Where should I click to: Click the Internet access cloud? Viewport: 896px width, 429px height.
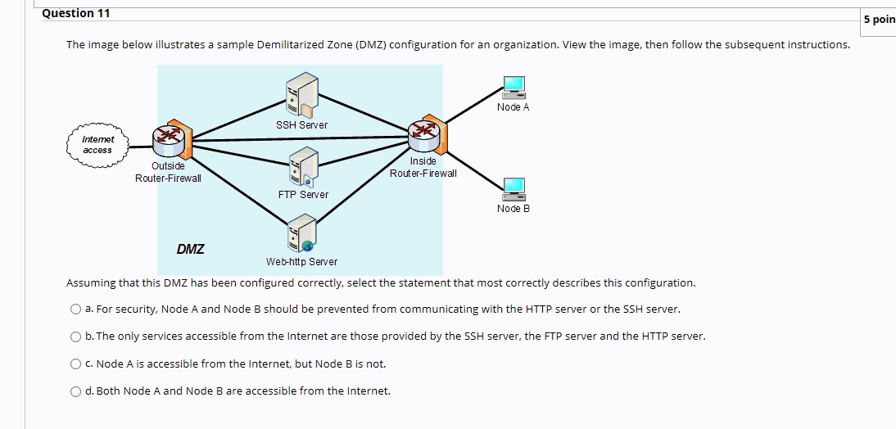point(97,145)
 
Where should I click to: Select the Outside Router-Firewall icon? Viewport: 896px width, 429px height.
point(171,140)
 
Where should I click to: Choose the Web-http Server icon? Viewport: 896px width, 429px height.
point(301,234)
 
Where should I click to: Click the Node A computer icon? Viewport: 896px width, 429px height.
point(514,87)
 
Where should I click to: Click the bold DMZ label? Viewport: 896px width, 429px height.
point(191,249)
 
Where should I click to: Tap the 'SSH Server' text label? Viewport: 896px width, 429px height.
point(301,125)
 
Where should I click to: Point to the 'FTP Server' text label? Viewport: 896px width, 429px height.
point(303,195)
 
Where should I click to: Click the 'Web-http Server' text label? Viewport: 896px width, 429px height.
point(301,262)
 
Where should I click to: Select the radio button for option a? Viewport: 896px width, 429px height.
point(75,309)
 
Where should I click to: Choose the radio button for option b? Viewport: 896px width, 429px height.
point(75,336)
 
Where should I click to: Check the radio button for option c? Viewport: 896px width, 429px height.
point(75,364)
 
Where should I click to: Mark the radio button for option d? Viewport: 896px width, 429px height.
point(75,391)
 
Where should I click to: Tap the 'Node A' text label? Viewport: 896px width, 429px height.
point(514,107)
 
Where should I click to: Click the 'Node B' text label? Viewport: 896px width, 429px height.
point(514,209)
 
